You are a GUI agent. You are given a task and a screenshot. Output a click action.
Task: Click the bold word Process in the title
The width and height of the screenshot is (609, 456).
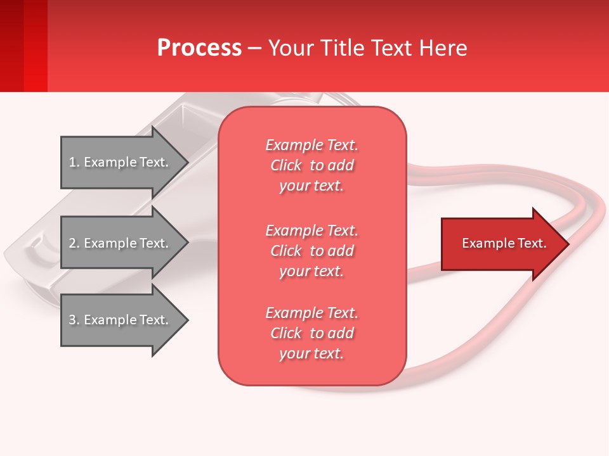199,48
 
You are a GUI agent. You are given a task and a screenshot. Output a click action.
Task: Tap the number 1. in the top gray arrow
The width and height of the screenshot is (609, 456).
74,162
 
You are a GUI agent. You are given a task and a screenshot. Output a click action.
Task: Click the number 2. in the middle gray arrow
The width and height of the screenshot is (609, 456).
74,243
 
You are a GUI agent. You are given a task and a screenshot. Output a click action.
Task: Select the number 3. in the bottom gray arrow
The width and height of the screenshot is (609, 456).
74,320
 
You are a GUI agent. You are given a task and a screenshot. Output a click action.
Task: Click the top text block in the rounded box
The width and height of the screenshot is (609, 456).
311,165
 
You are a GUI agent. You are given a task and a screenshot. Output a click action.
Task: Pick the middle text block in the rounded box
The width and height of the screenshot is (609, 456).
311,251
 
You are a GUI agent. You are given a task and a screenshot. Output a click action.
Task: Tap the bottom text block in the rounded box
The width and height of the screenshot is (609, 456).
311,333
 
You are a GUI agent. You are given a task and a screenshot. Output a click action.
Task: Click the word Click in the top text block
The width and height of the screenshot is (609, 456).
286,165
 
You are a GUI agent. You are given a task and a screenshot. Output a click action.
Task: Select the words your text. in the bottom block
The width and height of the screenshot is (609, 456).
311,353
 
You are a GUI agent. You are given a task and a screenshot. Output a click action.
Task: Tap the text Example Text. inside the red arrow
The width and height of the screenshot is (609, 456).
504,243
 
